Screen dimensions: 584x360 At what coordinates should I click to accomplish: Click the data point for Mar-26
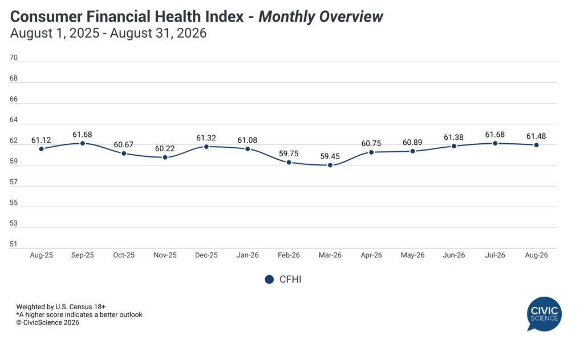click(x=330, y=165)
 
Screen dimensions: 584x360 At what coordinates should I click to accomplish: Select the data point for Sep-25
click(x=83, y=143)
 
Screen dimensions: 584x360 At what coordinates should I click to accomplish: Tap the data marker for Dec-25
click(x=206, y=147)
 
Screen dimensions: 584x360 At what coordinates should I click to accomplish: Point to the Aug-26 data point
click(x=536, y=145)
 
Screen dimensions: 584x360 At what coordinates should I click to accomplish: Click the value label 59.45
click(x=330, y=156)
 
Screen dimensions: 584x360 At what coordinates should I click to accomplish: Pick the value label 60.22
click(x=165, y=149)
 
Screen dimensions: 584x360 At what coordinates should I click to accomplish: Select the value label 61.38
click(x=453, y=137)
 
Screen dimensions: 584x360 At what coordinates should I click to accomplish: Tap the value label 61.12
click(x=41, y=140)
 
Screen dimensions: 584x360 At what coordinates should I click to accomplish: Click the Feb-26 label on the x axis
click(x=289, y=255)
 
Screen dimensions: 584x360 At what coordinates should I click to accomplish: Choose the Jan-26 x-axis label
click(x=248, y=255)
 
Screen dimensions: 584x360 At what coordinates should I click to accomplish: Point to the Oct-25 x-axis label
click(x=124, y=255)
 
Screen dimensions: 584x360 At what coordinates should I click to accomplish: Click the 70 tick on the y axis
click(x=14, y=58)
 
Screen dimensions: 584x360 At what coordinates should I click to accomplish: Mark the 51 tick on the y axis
click(x=14, y=244)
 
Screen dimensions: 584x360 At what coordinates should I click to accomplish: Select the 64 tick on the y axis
click(x=14, y=120)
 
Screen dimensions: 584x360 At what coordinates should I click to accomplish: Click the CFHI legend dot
click(x=269, y=280)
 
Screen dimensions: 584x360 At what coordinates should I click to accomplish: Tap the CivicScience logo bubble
click(x=544, y=313)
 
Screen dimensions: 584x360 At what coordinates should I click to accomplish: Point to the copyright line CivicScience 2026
click(x=48, y=323)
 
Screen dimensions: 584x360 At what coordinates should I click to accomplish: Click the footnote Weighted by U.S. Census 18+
click(x=60, y=307)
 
